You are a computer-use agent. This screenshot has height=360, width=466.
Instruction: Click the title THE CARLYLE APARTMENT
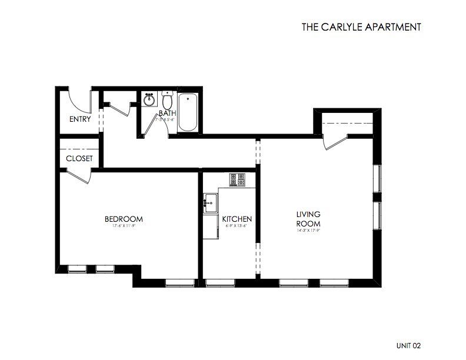click(x=361, y=26)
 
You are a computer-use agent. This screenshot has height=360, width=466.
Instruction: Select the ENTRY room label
click(x=81, y=119)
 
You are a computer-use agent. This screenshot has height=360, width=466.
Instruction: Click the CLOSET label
click(x=79, y=159)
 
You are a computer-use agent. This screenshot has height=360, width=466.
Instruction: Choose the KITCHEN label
click(x=237, y=219)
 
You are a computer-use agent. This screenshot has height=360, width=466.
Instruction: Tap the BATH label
click(x=167, y=113)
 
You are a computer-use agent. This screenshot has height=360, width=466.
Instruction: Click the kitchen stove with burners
click(x=237, y=179)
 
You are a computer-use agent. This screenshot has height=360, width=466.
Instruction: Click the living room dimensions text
click(x=307, y=230)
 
